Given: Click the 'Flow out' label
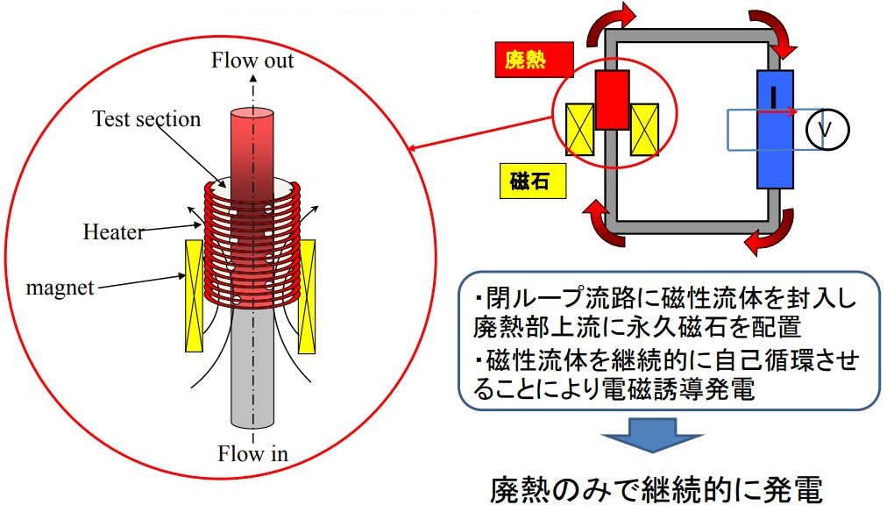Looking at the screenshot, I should click(x=252, y=60).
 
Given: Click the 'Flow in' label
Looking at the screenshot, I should click(x=252, y=453).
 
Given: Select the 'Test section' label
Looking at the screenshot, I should click(x=146, y=118).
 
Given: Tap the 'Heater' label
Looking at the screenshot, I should click(x=113, y=232).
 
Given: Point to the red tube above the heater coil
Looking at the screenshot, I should click(x=253, y=145).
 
